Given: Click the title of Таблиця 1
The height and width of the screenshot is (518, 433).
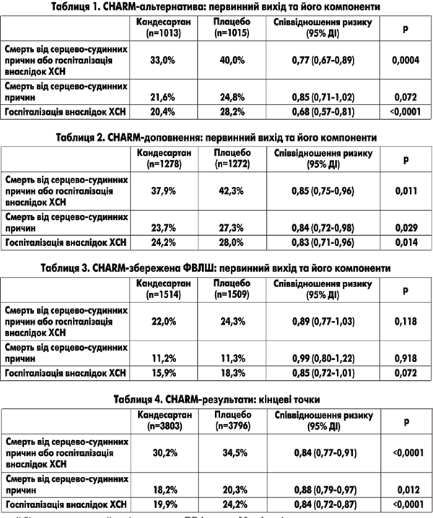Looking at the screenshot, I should [216, 7].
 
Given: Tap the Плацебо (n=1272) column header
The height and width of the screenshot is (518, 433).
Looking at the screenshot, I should [232, 158].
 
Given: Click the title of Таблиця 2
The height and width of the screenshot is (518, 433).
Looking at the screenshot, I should [216, 136].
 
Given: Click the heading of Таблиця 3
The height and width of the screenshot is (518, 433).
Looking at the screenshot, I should [216, 268].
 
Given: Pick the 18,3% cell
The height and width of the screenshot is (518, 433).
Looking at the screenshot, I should [232, 372].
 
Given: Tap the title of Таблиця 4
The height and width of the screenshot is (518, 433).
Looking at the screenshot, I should [216, 398].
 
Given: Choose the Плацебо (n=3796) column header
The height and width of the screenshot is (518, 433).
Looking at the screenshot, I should [232, 419].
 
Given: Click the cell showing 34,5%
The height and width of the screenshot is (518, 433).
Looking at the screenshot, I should [232, 453].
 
